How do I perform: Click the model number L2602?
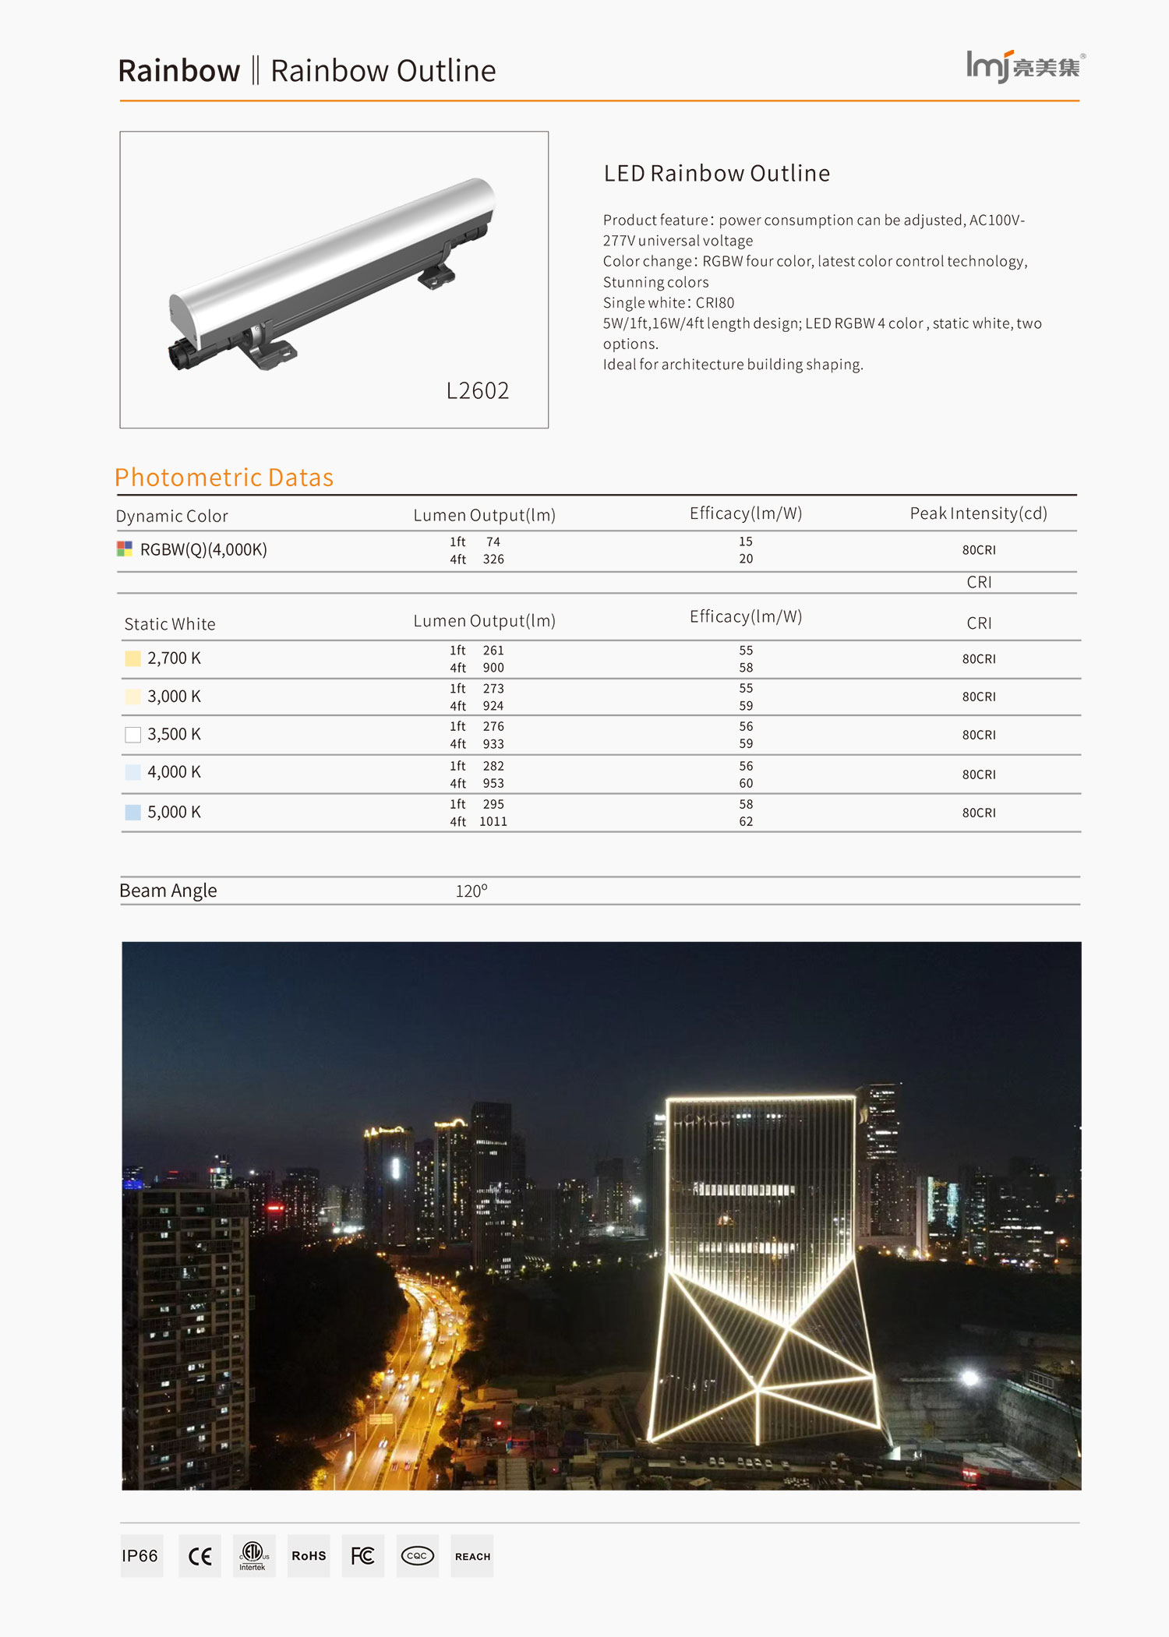click(x=477, y=390)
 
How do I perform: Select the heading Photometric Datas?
click(x=224, y=477)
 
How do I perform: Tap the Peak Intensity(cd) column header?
click(x=978, y=513)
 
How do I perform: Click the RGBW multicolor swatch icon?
click(x=125, y=549)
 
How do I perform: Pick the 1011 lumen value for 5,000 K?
click(x=493, y=821)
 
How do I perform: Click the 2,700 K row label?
click(x=174, y=658)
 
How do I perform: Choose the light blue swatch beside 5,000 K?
click(x=133, y=812)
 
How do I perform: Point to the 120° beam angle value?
click(x=471, y=891)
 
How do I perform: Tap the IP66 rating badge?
click(x=141, y=1556)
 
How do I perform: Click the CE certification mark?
click(x=200, y=1556)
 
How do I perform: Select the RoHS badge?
click(x=309, y=1556)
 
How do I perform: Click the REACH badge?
click(x=472, y=1556)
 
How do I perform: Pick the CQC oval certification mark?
click(x=417, y=1556)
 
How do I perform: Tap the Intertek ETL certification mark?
click(x=253, y=1556)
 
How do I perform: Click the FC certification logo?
click(x=362, y=1556)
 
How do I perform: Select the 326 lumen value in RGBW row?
click(x=493, y=559)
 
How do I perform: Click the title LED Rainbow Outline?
click(x=716, y=173)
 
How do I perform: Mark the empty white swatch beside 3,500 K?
click(x=133, y=735)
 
